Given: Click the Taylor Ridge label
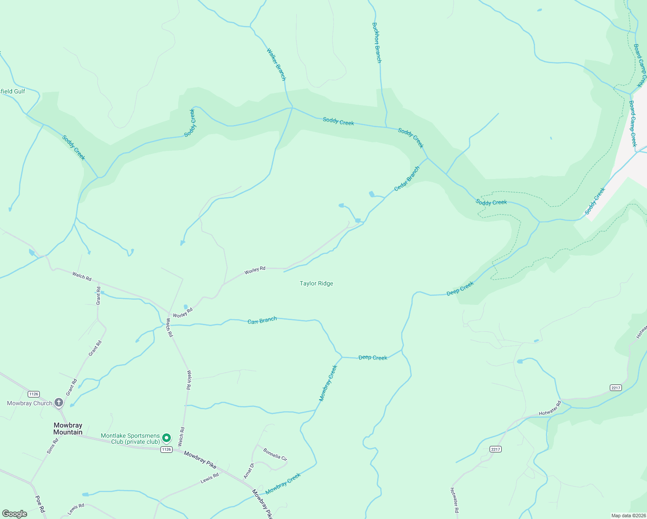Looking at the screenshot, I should pos(316,284).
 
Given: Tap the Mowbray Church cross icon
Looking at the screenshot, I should pos(59,403).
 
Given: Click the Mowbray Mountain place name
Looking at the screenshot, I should pos(68,429).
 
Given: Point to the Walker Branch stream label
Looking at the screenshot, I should pos(276,64).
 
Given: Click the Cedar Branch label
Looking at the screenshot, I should pos(407,179).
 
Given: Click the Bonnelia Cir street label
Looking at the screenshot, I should pos(275,455).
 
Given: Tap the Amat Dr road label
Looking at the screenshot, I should pos(248,471).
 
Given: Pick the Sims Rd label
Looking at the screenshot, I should pos(52,446).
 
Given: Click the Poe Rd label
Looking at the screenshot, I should pos(40,504).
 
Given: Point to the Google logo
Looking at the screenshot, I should pos(15,514).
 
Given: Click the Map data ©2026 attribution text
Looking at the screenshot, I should pos(628,516).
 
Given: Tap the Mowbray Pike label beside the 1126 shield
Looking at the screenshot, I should pos(200,459).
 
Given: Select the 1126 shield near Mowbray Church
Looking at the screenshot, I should pos(34,394).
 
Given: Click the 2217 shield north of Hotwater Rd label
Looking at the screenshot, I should pos(616,388).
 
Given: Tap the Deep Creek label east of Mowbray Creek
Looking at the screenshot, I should pos(373,358).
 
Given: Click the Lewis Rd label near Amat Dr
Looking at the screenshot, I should pos(210,478).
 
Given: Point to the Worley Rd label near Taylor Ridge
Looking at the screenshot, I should pos(255,270).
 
